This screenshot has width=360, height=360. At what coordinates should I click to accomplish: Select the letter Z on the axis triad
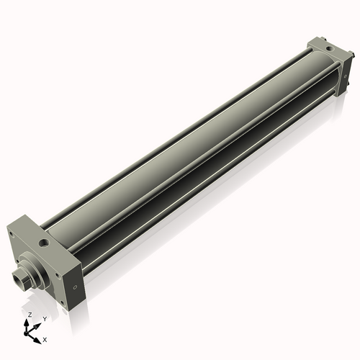tap(29, 315)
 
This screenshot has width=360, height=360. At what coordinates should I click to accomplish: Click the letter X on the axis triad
tap(45, 338)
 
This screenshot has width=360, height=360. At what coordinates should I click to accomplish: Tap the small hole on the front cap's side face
tap(76, 291)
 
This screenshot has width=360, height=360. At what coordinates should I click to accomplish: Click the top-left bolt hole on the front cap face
tap(14, 238)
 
